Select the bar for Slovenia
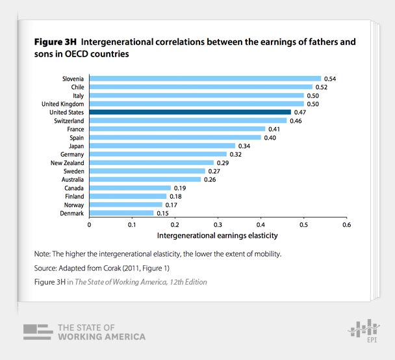click(x=205, y=78)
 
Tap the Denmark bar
click(x=121, y=213)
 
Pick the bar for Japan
click(x=162, y=146)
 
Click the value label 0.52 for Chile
click(x=322, y=86)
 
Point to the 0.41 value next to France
click(x=275, y=129)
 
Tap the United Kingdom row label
click(x=62, y=103)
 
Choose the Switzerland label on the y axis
click(x=68, y=120)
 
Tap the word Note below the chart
click(x=43, y=253)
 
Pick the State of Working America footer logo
click(x=84, y=331)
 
